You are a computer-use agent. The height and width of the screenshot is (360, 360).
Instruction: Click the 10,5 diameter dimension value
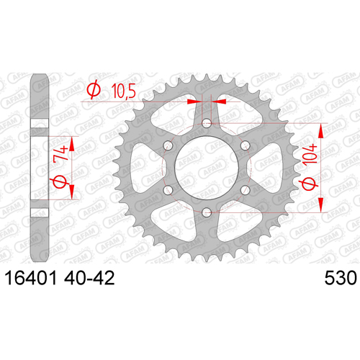124,91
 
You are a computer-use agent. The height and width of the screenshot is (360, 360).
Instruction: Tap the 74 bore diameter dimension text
60,153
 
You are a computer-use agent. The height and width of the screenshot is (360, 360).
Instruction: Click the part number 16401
31,278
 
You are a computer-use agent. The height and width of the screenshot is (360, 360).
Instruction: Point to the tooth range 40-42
89,278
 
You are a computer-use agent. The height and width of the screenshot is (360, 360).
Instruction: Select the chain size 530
341,278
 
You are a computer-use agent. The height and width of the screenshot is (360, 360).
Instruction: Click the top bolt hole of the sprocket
207,124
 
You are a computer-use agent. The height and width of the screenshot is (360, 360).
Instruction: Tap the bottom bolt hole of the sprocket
207,212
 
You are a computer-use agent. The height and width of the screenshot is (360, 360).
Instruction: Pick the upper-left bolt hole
168,145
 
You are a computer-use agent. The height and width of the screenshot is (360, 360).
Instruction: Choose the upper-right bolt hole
245,145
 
